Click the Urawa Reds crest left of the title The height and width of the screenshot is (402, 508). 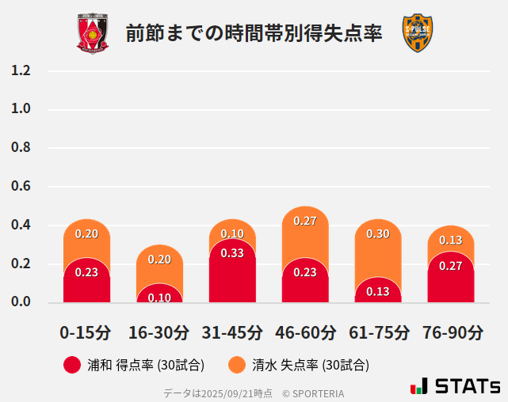(x=93, y=33)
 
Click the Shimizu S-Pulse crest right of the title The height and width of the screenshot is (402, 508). (x=418, y=33)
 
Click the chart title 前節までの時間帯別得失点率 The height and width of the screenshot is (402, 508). (x=254, y=33)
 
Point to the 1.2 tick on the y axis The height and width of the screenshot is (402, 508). (x=21, y=70)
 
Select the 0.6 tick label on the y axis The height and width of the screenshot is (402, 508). (x=21, y=187)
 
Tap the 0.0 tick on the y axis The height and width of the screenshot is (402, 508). (x=21, y=302)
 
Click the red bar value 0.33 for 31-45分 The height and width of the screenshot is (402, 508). (x=232, y=253)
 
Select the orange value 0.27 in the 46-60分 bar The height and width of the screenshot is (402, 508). (x=305, y=221)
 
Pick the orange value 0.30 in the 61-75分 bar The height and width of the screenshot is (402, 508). (x=378, y=233)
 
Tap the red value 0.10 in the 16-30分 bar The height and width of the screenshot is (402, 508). (x=159, y=298)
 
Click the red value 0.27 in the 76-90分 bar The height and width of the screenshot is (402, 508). (x=450, y=266)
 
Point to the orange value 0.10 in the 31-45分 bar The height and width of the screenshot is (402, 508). (x=232, y=233)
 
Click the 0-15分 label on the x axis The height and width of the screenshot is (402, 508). (x=86, y=332)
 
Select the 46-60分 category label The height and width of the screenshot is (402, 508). (x=305, y=332)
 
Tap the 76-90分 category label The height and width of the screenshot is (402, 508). (x=450, y=332)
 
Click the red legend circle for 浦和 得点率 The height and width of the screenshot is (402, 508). (x=72, y=365)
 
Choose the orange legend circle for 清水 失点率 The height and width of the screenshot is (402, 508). (x=236, y=365)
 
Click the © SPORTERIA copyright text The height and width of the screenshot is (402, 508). (x=313, y=393)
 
